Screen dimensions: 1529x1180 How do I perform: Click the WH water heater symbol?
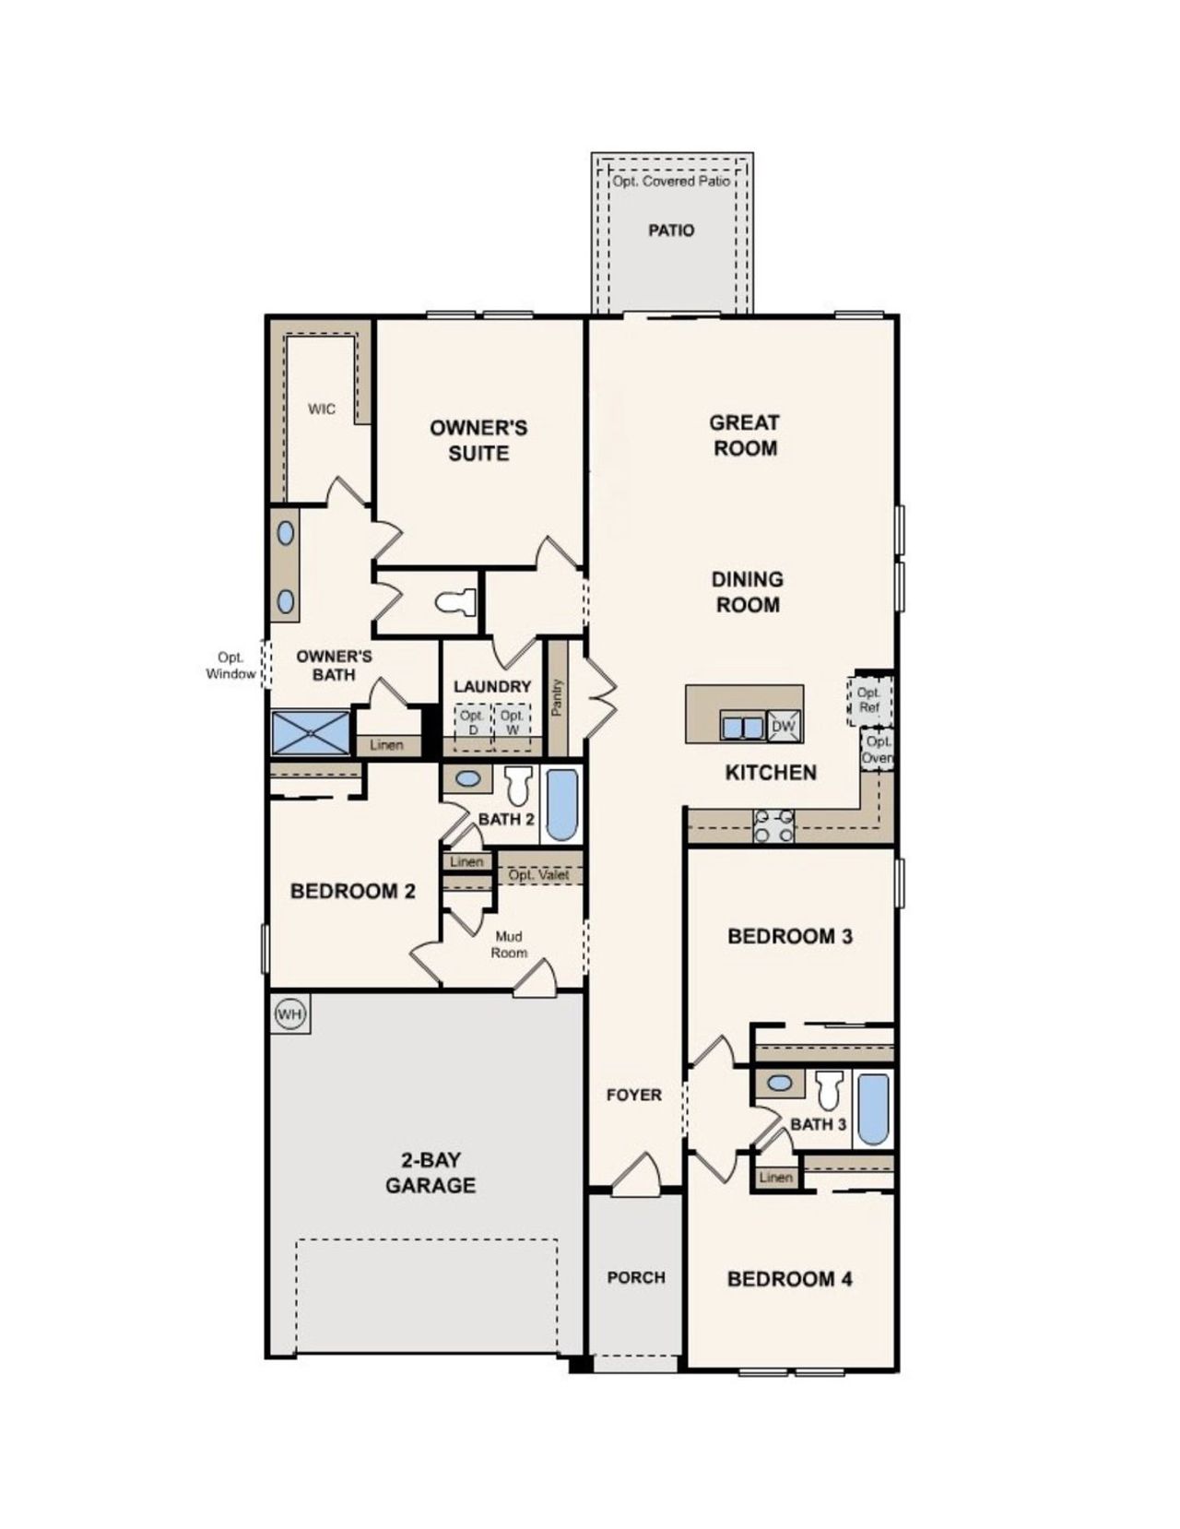[x=290, y=1014]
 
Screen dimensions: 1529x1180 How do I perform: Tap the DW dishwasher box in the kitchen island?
[x=783, y=726]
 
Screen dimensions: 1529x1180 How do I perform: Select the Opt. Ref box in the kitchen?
[x=868, y=700]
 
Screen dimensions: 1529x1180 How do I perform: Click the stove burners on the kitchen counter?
[x=774, y=825]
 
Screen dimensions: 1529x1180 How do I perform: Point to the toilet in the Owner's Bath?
[x=456, y=603]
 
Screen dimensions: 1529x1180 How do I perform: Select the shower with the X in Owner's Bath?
[x=312, y=733]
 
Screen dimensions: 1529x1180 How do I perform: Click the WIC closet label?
[x=322, y=409]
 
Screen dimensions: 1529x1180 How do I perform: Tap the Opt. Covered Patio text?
[x=671, y=182]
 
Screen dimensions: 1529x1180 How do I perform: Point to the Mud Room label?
[x=509, y=943]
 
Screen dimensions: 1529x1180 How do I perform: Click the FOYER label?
[x=634, y=1095]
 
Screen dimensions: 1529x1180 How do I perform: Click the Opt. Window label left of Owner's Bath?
[x=230, y=665]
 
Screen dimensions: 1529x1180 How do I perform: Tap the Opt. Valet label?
[x=539, y=874]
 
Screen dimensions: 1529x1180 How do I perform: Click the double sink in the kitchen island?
[x=742, y=728]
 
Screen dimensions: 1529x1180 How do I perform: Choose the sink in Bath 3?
[x=780, y=1083]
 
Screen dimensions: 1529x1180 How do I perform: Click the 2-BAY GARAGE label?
[x=431, y=1173]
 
